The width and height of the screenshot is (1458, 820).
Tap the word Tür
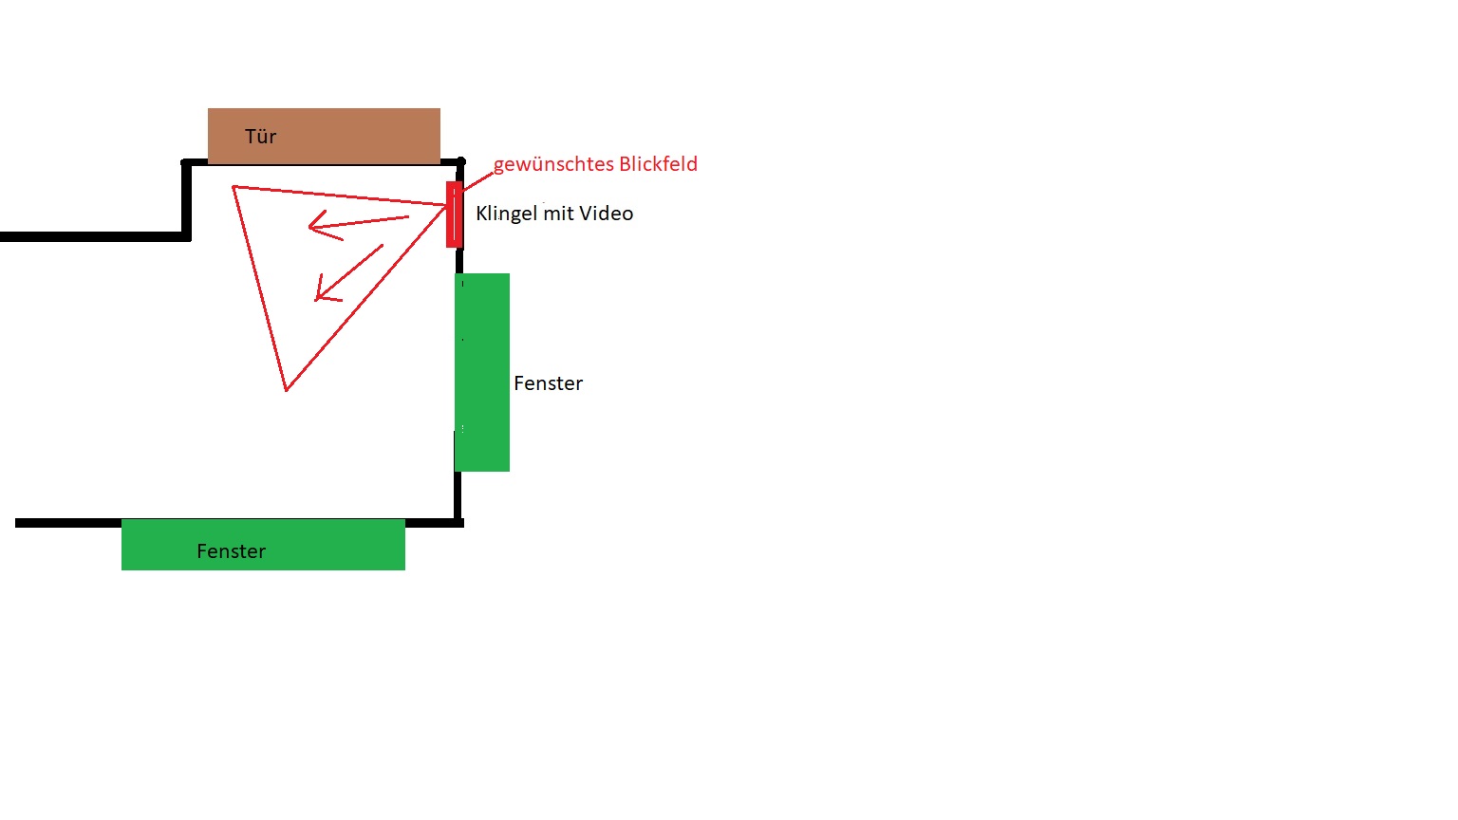[260, 137]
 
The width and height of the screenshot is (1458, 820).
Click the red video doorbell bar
[454, 214]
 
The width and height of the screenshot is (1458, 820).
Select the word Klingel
[506, 214]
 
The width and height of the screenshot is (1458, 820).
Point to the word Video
[607, 214]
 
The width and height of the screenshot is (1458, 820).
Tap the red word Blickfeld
[658, 164]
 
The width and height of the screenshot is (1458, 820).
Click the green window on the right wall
[482, 372]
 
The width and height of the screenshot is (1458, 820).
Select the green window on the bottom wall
[263, 545]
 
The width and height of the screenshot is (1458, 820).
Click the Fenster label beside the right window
[548, 383]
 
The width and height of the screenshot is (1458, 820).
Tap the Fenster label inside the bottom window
[231, 551]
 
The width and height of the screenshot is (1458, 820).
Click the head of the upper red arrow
[313, 226]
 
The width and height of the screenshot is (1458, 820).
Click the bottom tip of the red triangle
[286, 389]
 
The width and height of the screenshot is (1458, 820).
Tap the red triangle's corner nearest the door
[234, 188]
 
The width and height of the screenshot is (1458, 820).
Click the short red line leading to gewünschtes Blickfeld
[477, 179]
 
